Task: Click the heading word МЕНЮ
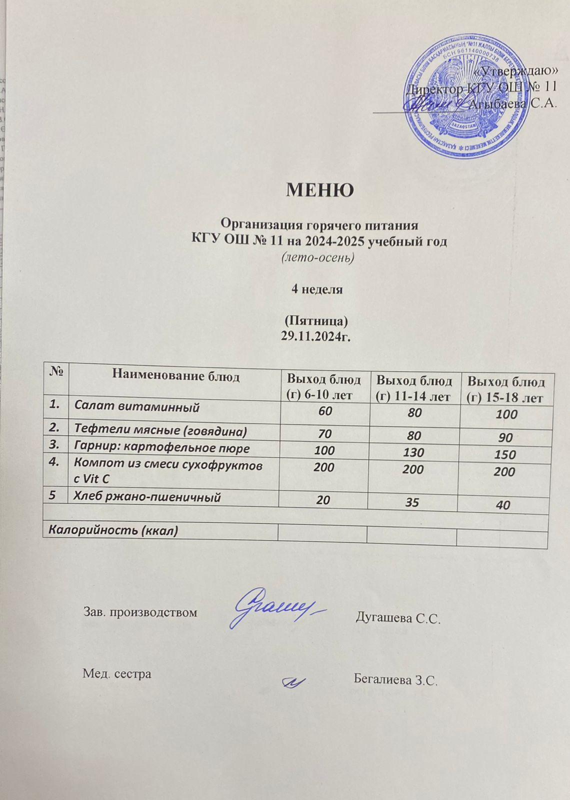(320, 190)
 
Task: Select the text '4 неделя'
(317, 289)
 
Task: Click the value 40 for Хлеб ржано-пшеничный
(503, 505)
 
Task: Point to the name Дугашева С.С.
(397, 618)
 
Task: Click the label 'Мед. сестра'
(116, 673)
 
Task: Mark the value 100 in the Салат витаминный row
(504, 415)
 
